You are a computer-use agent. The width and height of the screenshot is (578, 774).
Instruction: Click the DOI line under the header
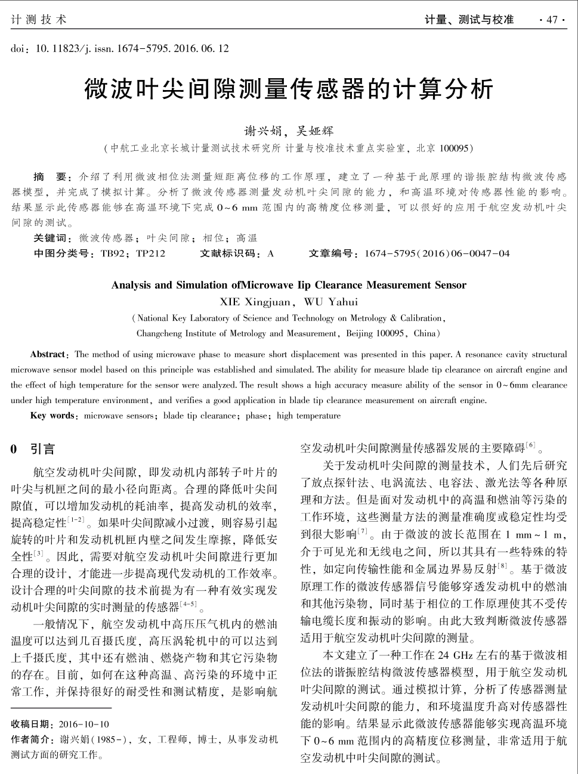(x=119, y=48)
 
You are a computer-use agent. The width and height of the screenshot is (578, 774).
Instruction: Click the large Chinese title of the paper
(x=289, y=89)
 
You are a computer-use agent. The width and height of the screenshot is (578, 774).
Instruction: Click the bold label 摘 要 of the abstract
(x=52, y=177)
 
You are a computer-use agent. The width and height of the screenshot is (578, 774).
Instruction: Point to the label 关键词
(x=52, y=238)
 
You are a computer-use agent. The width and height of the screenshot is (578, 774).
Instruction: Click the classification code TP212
(x=150, y=253)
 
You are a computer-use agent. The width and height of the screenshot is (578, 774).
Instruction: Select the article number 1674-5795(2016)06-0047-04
(x=437, y=253)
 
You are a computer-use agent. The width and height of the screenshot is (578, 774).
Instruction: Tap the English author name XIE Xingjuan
(x=255, y=302)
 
